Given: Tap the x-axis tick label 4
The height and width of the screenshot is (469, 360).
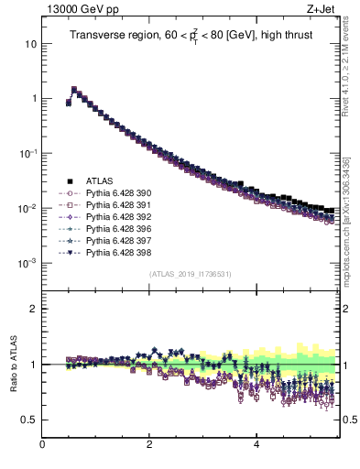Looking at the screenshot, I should click(256, 446).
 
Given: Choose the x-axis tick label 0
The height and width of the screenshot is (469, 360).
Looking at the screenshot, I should click(43, 446).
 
